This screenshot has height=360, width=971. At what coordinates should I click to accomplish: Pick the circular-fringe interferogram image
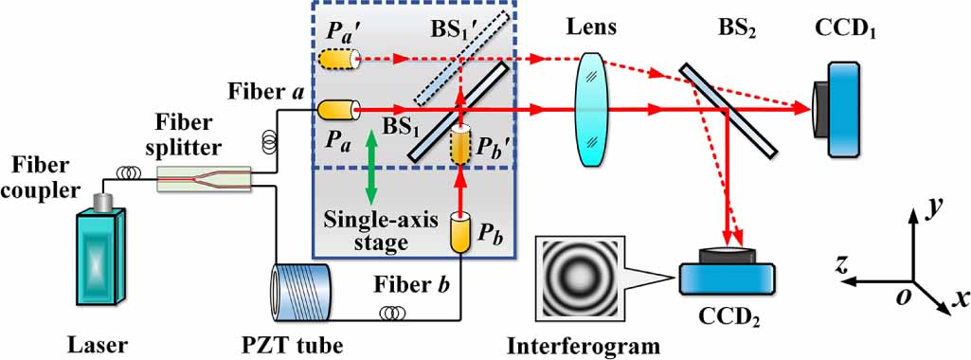pyautogui.click(x=579, y=280)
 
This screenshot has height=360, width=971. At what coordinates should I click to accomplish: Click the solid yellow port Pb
pyautogui.click(x=460, y=231)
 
